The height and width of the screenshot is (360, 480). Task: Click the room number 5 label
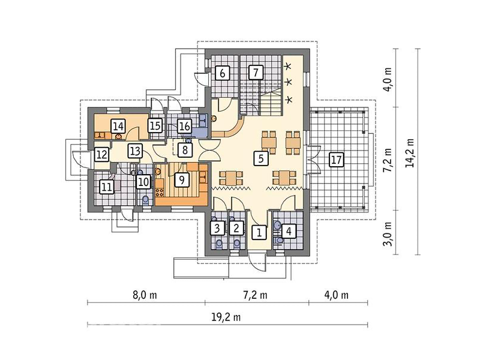coord(260,158)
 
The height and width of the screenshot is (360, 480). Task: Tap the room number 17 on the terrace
coord(336,160)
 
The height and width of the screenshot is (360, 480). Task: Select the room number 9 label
coord(182,179)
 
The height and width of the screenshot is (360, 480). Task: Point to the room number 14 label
coord(118,126)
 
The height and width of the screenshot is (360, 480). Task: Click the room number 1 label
coord(259,232)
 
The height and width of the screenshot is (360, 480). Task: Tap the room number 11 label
coord(106,187)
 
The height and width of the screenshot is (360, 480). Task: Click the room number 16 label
coord(185,126)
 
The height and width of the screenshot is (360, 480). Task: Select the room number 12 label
coord(101,155)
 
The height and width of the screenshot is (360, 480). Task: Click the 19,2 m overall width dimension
coord(226,317)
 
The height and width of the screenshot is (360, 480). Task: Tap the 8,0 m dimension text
coord(145,295)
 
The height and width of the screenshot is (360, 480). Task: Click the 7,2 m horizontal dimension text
coord(255,295)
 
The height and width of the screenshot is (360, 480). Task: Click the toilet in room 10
coord(146,200)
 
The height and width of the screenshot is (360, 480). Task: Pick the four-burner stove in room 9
coord(160,193)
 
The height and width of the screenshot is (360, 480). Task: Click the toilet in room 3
coord(219,244)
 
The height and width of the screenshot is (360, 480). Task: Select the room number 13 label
coord(135,151)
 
